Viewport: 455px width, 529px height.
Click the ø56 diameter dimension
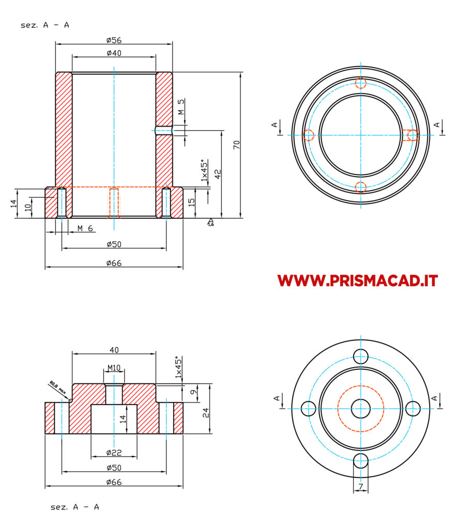(x=114, y=40)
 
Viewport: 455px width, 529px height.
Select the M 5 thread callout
(x=181, y=106)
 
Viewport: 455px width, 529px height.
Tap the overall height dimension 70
(x=236, y=145)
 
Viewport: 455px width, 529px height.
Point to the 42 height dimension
(x=218, y=174)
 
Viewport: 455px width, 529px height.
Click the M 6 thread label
(x=85, y=228)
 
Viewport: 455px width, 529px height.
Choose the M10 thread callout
(x=114, y=367)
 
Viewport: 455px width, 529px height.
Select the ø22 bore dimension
(x=114, y=453)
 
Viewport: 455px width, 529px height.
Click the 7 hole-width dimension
(x=361, y=487)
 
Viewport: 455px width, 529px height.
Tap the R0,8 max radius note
(x=58, y=388)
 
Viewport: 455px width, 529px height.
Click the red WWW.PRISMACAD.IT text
(x=357, y=281)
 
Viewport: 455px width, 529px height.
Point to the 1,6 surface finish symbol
(x=210, y=222)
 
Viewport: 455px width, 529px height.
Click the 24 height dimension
(x=206, y=413)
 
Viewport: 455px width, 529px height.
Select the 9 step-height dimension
(x=193, y=392)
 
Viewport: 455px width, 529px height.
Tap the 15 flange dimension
(x=191, y=203)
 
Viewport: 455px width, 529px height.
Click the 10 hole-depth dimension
(x=28, y=207)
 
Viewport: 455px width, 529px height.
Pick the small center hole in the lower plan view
(x=361, y=409)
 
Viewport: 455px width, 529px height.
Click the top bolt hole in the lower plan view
(x=361, y=356)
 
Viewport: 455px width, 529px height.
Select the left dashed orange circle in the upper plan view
(x=309, y=135)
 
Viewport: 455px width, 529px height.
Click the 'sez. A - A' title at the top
(x=45, y=25)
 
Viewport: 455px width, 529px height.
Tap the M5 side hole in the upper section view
(x=164, y=130)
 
